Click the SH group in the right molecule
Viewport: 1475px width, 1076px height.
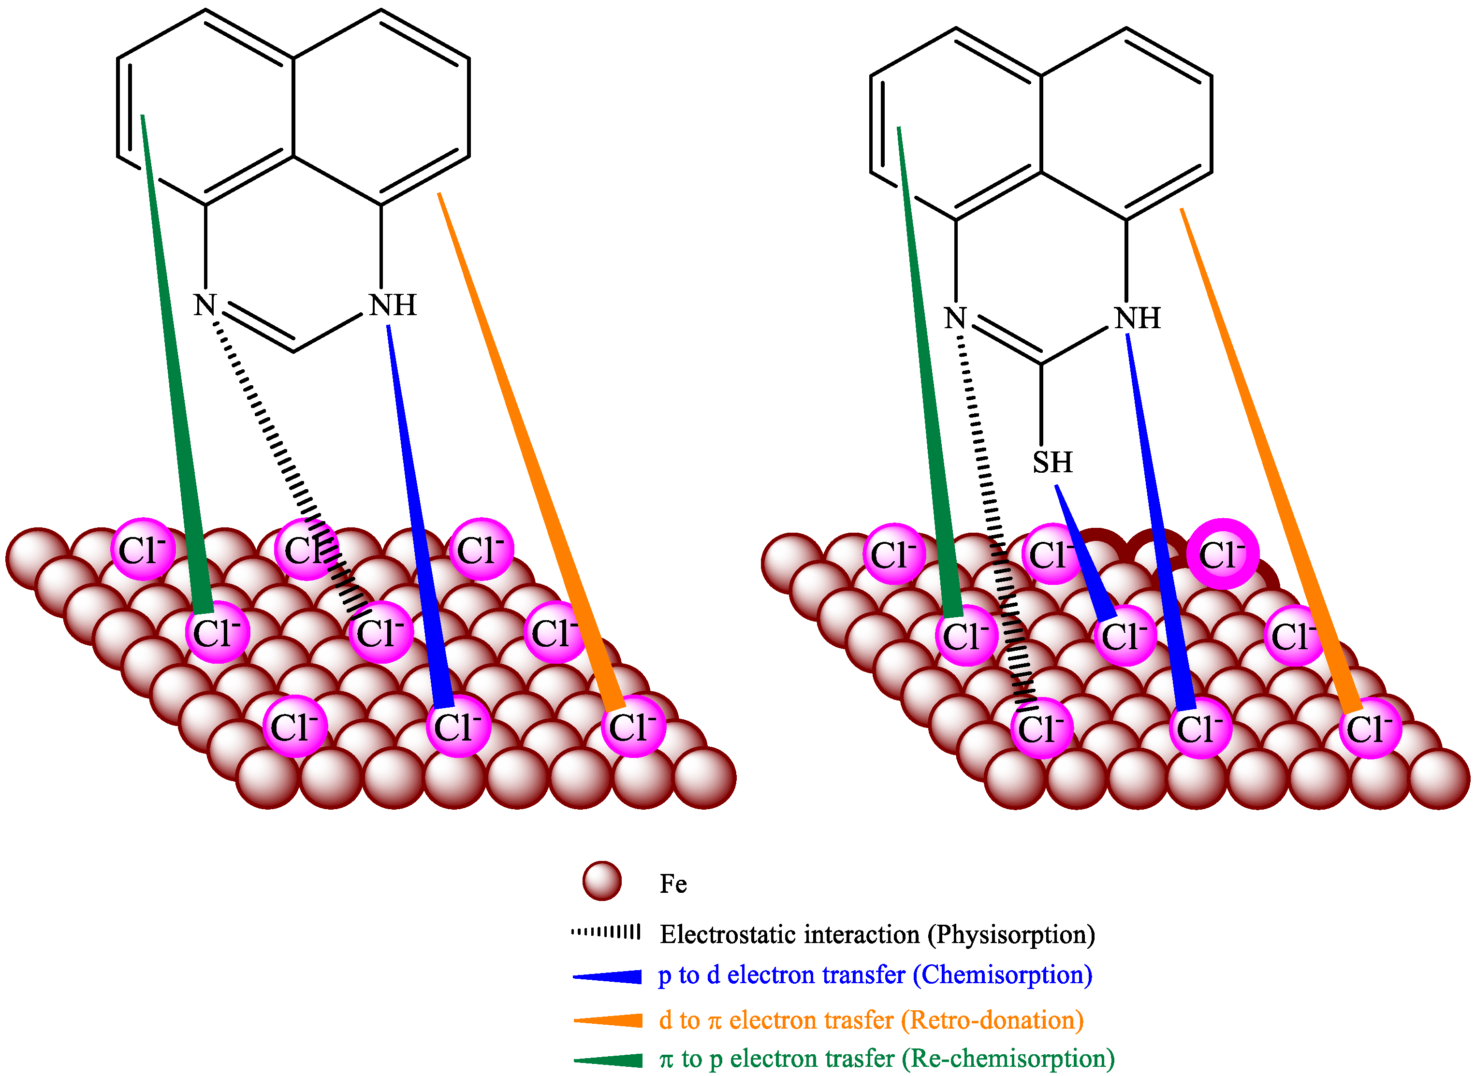pos(1051,463)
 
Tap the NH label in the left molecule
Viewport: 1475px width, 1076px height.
pos(392,305)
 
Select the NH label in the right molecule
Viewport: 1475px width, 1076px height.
pos(1138,319)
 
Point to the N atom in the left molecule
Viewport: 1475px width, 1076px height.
pos(205,305)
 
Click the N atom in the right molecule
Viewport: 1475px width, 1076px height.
pos(955,319)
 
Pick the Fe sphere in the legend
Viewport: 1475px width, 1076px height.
pos(602,881)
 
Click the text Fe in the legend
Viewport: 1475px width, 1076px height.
pos(673,884)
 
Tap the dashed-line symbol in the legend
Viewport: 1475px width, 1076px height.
pos(606,932)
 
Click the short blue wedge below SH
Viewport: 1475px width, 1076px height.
pos(1085,553)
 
